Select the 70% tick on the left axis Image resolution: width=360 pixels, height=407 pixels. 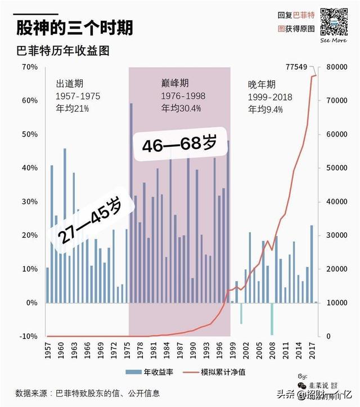29,67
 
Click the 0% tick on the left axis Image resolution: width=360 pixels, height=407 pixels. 31,302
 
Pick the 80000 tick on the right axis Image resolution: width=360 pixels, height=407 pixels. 336,67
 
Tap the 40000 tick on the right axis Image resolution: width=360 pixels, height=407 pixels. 336,202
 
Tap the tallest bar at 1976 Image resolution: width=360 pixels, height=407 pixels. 131,202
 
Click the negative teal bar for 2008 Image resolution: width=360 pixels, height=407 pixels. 272,319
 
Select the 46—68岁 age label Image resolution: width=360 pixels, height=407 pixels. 179,144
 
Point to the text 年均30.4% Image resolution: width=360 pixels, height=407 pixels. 181,108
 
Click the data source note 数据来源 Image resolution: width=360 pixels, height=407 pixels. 87,393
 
